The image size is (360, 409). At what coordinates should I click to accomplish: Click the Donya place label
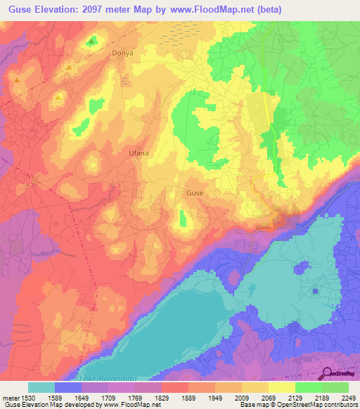[122, 53]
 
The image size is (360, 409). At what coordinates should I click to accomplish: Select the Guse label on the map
[195, 192]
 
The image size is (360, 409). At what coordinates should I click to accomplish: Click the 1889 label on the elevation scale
[188, 397]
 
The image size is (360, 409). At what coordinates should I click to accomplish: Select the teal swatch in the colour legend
[41, 387]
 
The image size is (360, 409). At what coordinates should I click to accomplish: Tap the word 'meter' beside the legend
[11, 397]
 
